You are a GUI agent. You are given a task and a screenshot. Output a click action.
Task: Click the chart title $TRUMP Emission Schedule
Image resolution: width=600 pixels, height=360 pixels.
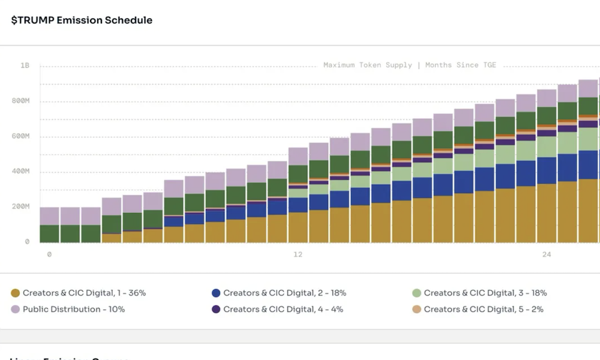[82, 20]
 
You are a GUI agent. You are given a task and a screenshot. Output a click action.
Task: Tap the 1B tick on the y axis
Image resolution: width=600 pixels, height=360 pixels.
[25, 65]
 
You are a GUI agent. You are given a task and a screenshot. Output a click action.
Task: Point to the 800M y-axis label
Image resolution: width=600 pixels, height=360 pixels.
[22, 101]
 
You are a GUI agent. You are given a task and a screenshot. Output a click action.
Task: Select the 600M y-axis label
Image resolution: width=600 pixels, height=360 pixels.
[22, 136]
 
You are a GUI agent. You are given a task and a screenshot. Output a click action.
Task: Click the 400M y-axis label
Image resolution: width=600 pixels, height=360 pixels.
[22, 172]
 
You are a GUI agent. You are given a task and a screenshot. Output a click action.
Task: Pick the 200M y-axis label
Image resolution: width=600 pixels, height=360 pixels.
[22, 206]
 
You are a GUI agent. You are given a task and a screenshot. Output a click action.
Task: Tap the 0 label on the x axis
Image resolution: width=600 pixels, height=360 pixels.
[49, 254]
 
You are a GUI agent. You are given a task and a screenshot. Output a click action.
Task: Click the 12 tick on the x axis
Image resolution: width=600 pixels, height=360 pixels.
[298, 254]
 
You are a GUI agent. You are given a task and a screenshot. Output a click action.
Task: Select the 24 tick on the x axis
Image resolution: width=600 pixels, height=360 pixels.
[547, 254]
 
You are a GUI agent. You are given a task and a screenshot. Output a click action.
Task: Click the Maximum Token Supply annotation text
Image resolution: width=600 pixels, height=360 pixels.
[367, 65]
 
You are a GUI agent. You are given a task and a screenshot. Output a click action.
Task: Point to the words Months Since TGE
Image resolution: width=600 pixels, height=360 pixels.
[461, 65]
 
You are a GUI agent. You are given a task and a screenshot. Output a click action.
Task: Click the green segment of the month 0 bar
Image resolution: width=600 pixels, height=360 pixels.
[49, 233]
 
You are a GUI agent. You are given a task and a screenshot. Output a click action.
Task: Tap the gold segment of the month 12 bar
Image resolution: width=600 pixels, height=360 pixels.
[298, 227]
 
